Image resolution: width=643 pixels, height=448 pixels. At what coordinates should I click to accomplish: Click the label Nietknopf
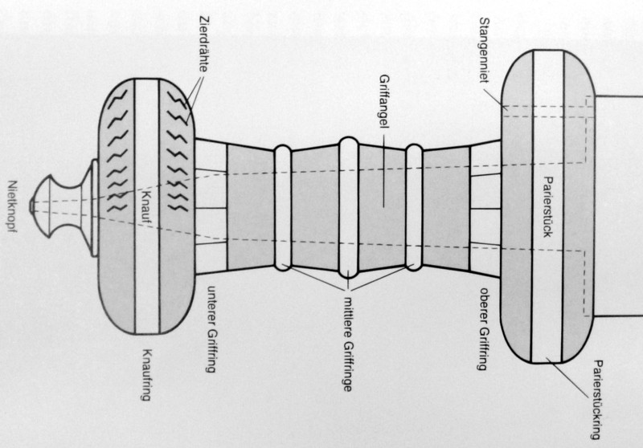click(x=13, y=207)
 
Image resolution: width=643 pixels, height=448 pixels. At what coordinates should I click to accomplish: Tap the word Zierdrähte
click(x=204, y=44)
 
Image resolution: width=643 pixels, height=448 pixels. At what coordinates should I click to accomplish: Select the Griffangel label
click(x=384, y=101)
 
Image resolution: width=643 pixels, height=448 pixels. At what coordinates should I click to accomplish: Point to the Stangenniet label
click(x=485, y=50)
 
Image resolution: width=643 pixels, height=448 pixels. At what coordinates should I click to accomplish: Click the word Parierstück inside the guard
click(x=548, y=207)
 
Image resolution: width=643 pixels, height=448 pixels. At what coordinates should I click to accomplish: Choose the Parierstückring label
click(x=598, y=400)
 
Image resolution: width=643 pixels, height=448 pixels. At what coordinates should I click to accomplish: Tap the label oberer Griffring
click(x=485, y=329)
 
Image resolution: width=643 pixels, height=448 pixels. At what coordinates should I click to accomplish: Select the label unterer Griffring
click(x=211, y=329)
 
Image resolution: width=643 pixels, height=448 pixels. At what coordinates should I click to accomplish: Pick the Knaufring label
click(x=146, y=375)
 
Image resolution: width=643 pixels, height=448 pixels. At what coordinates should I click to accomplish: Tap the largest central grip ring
click(x=349, y=208)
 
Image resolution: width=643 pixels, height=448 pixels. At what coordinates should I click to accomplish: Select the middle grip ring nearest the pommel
click(x=283, y=208)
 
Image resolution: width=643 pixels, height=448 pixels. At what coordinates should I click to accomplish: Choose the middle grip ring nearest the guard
click(x=414, y=208)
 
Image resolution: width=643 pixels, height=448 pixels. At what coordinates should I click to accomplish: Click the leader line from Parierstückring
click(x=568, y=377)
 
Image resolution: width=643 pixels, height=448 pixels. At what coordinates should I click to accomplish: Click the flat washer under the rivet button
click(x=94, y=208)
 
